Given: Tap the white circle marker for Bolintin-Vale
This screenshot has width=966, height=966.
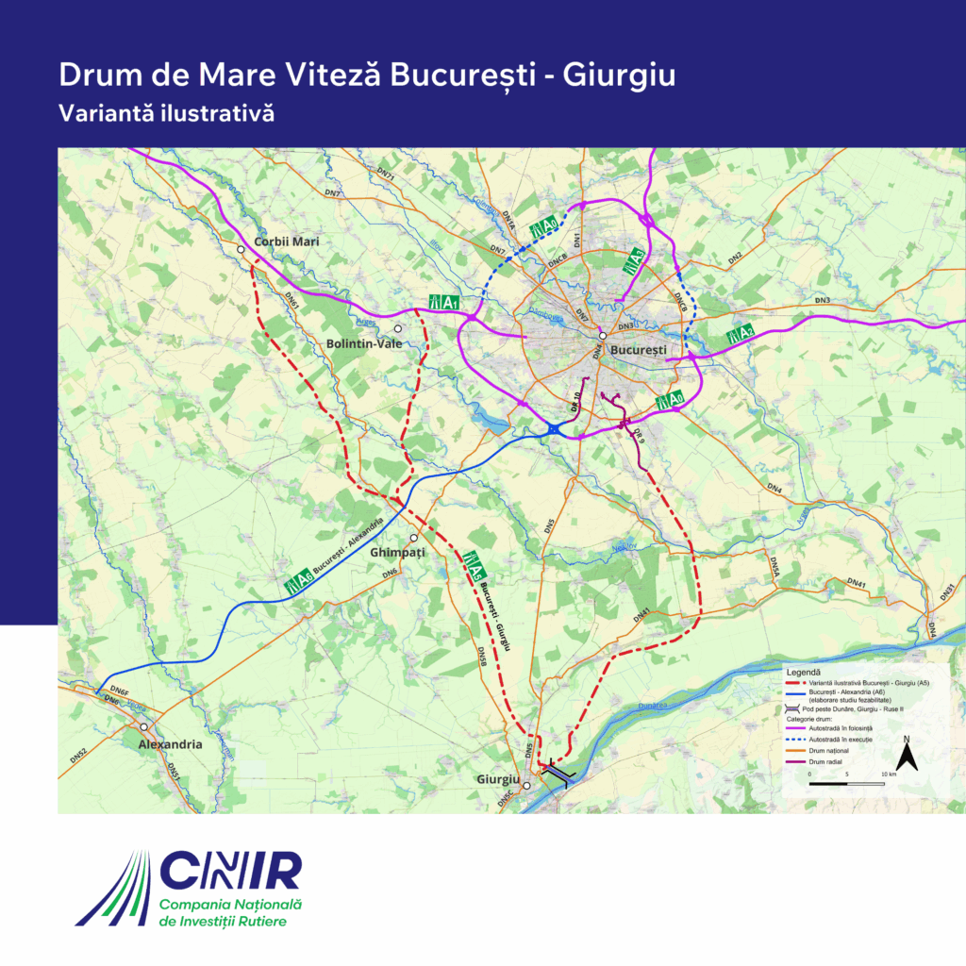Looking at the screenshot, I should point(398,329).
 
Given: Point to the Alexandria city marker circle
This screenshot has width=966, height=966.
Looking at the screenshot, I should point(143,727).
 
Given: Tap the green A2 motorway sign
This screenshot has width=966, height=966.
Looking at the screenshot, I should point(740,333).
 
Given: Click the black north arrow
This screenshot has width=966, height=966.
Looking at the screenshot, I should point(907,754).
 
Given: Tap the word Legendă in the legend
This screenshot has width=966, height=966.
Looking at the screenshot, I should point(804,672).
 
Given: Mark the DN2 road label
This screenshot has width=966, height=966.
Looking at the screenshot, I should point(735,258).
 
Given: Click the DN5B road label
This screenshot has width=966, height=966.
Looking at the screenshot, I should point(482,658).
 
